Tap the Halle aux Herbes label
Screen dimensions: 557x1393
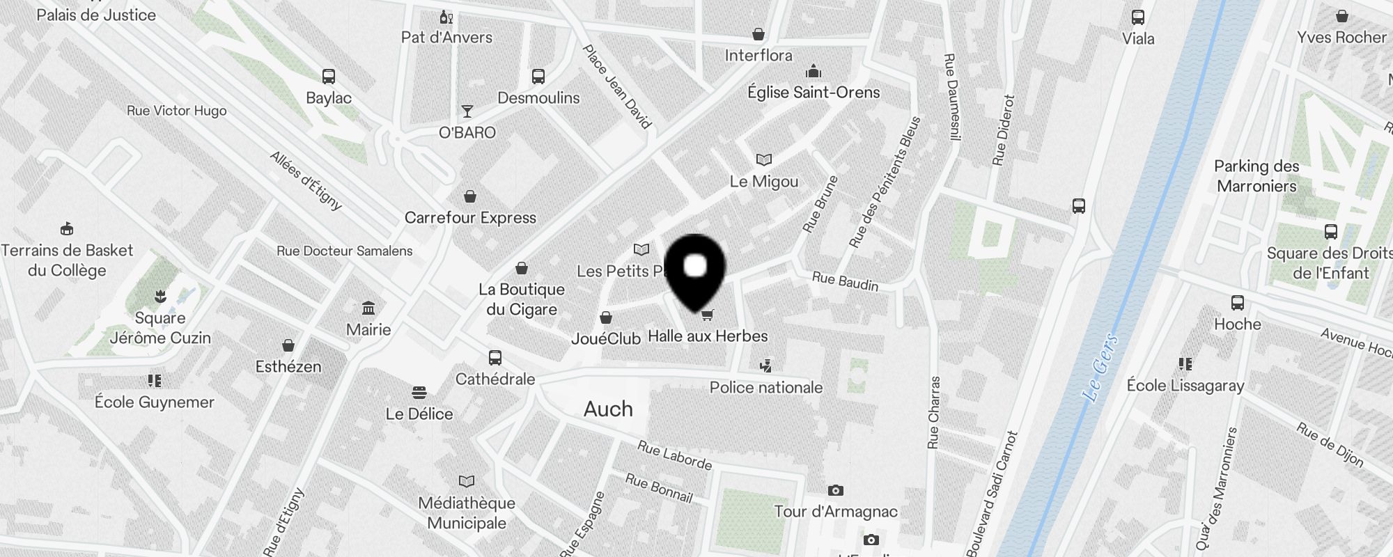[x=708, y=336]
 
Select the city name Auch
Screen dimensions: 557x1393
[x=608, y=409]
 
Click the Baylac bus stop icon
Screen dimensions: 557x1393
[x=329, y=77]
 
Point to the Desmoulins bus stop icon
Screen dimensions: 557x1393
[x=538, y=77]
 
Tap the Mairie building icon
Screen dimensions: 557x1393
[x=368, y=308]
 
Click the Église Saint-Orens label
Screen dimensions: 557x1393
[x=814, y=93]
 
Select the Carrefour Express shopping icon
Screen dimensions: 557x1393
[x=470, y=196]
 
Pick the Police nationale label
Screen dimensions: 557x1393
[x=766, y=388]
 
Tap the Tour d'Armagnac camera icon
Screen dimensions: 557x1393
[x=836, y=491]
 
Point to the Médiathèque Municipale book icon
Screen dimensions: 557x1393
[x=467, y=481]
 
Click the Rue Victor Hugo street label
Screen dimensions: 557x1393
[x=177, y=111]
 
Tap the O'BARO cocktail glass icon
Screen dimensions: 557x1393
[x=467, y=111]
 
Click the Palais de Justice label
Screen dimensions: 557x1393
[x=96, y=15]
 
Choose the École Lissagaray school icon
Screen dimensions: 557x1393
[x=1185, y=364]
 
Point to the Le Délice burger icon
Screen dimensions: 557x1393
[x=419, y=393]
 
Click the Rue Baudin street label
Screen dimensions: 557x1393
[x=845, y=281]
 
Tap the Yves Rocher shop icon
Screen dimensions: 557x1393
[x=1341, y=17]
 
